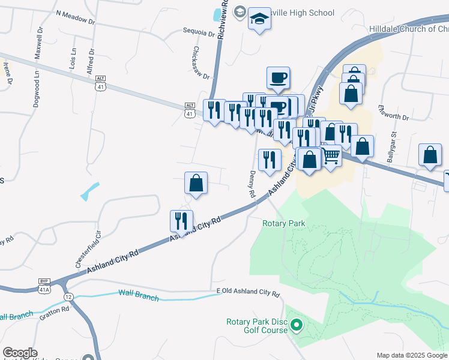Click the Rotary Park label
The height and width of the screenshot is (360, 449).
click(284, 223)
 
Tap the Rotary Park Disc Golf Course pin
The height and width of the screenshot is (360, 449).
click(296, 326)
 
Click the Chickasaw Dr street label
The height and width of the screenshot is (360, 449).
click(202, 63)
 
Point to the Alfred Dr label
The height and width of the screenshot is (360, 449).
click(92, 61)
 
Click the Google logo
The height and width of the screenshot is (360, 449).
click(20, 353)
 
